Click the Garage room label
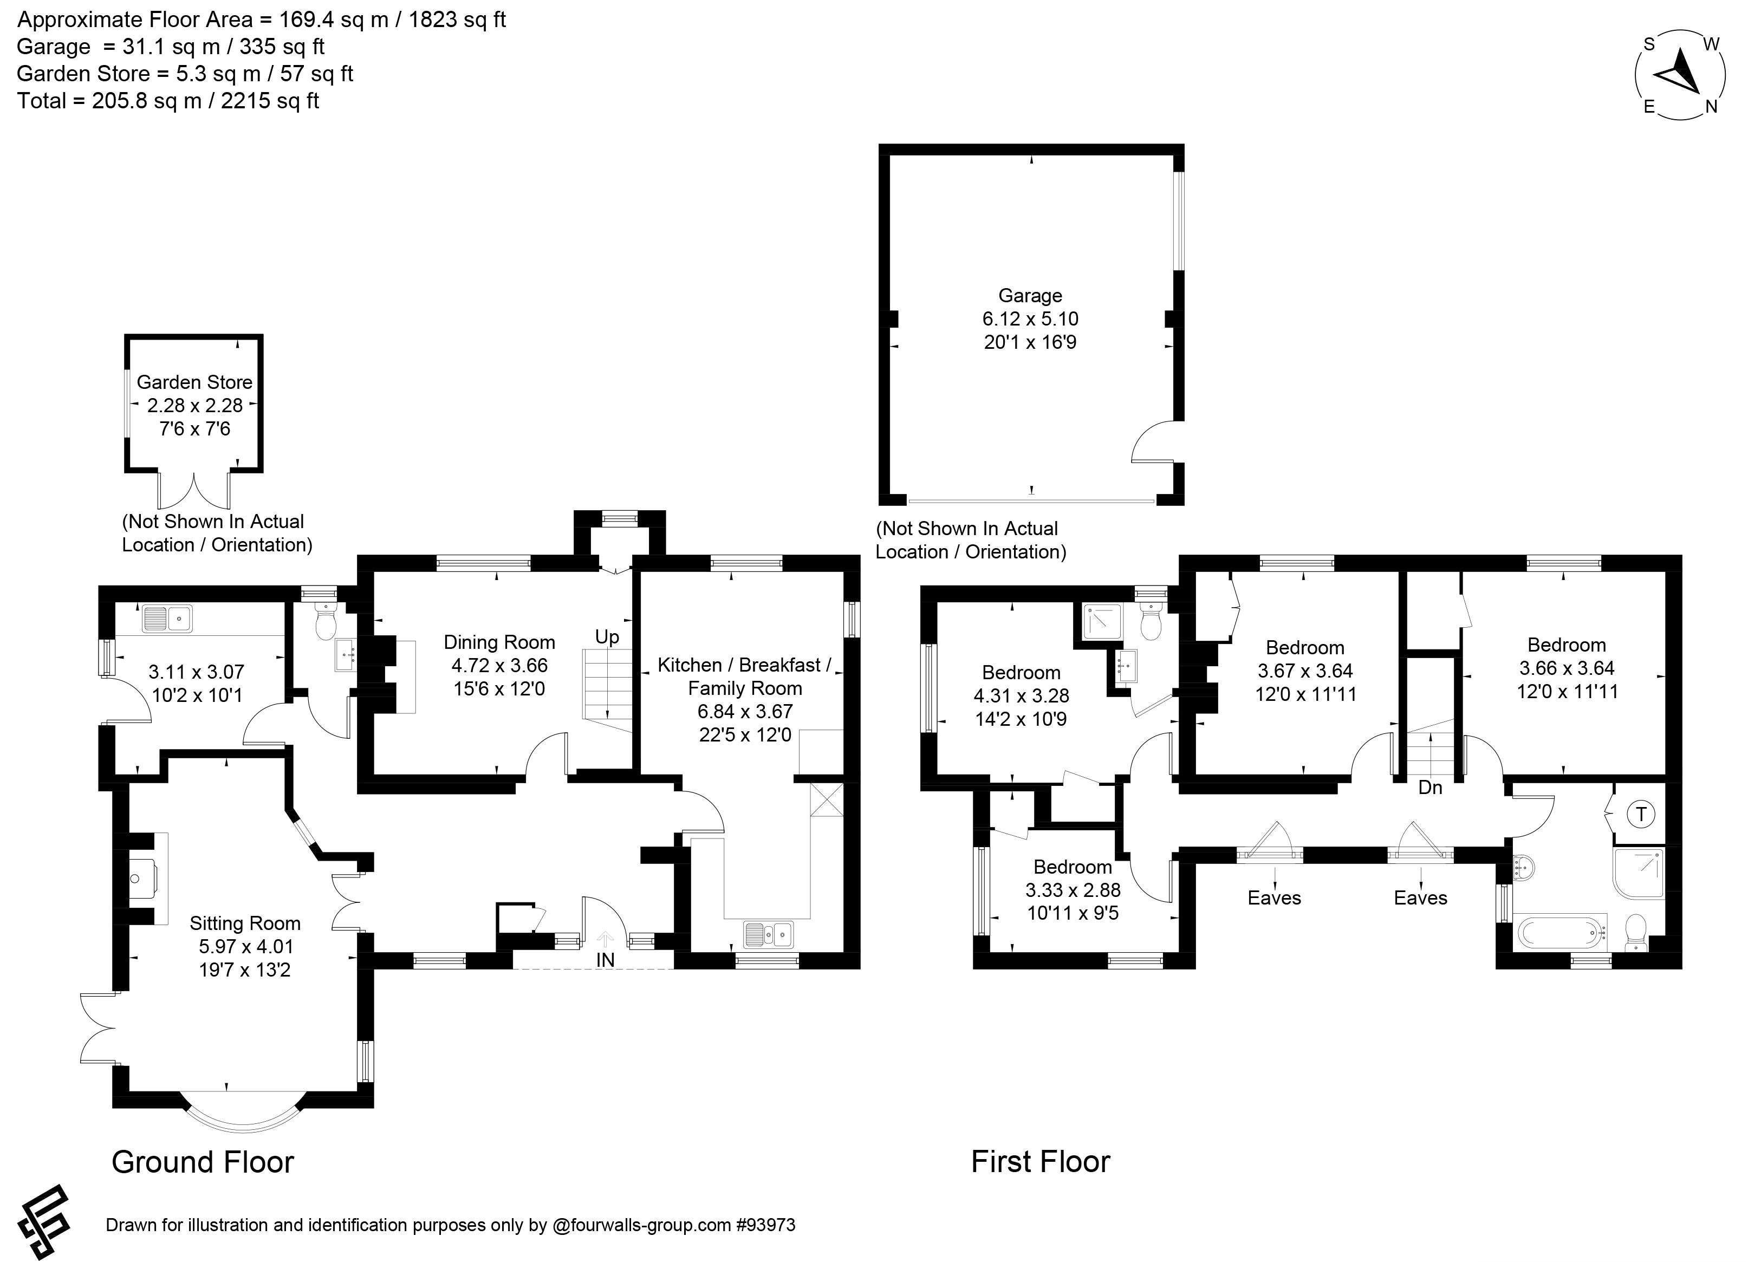[1030, 296]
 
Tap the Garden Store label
[194, 382]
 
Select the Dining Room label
[499, 642]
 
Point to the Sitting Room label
[245, 923]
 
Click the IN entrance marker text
[606, 959]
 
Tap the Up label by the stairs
[607, 637]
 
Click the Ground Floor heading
[203, 1162]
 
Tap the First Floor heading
[1041, 1162]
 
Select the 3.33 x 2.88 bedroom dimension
[1073, 890]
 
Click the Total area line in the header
[168, 101]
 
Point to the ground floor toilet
[327, 621]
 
